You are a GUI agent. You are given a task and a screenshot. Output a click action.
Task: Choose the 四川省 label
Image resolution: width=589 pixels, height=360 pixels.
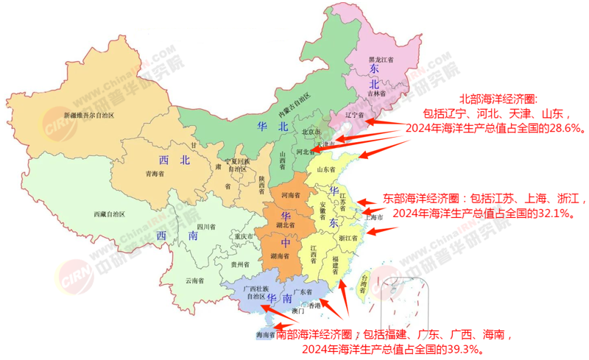pos(205,227)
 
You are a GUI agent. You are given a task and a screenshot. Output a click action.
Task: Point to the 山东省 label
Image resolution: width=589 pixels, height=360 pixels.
pos(327,169)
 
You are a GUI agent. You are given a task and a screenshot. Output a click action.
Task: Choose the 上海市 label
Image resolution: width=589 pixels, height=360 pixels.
pos(374,218)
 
